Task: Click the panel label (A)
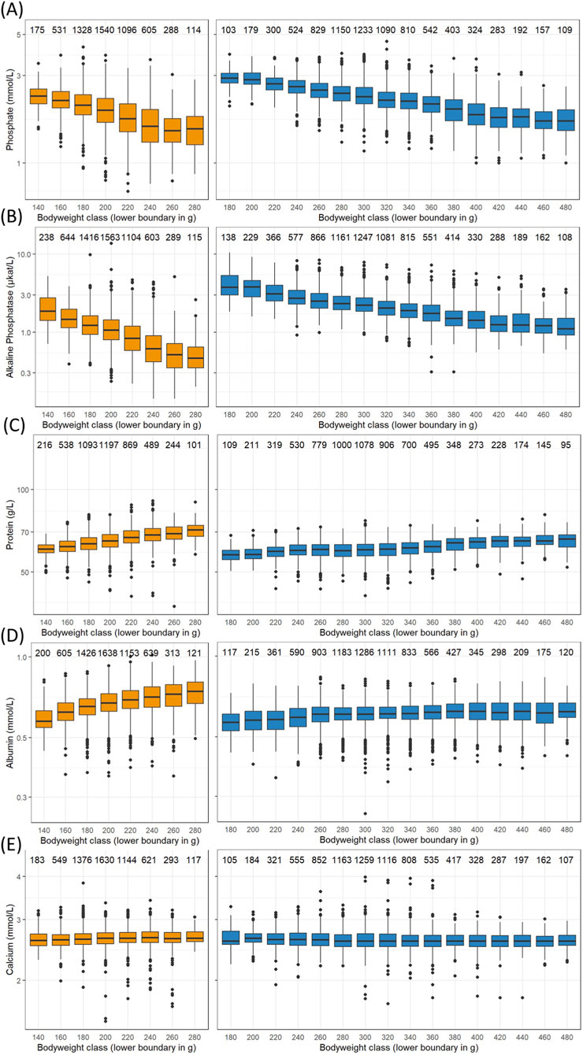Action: tap(13, 10)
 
